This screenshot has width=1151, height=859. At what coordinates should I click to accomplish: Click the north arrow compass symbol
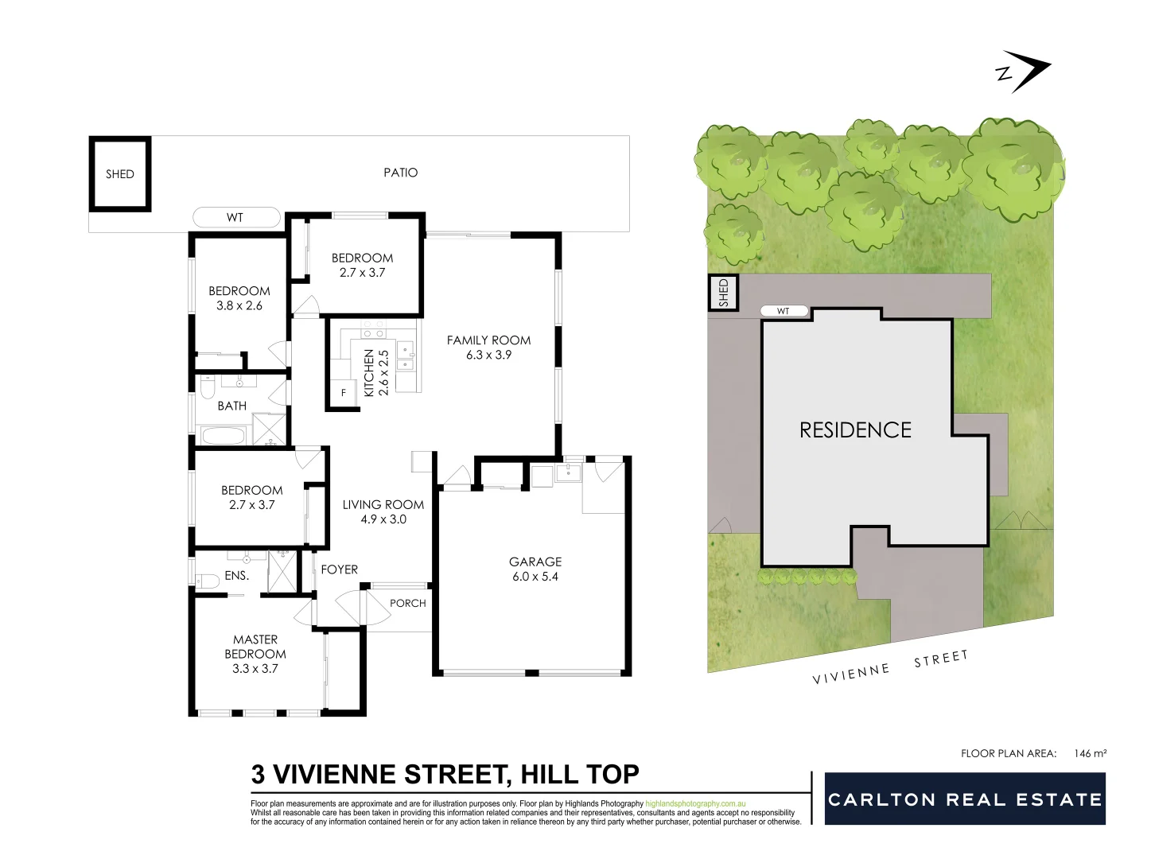pos(1025,72)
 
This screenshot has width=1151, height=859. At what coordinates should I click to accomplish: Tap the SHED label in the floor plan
pos(120,174)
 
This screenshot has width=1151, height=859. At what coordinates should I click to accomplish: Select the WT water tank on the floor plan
pos(236,217)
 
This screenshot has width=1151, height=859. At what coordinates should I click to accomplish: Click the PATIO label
pos(400,173)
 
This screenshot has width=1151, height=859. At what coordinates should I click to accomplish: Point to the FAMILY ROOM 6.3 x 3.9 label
pos(488,348)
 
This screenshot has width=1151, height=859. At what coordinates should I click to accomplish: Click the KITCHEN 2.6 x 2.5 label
pos(376,372)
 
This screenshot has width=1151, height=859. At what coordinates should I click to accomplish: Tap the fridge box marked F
pos(344,393)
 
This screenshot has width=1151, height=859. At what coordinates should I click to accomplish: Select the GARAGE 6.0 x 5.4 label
pos(535,569)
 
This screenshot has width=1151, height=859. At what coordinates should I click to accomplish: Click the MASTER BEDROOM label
pos(255,654)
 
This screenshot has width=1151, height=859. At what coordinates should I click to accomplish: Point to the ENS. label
pos(237,575)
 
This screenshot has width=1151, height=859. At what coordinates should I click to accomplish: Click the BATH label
pos(232,406)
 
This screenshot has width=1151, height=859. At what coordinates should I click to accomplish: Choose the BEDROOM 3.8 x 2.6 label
pos(239,298)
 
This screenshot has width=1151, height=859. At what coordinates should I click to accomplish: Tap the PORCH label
pos(408,604)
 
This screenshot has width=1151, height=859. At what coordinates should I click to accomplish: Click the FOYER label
pos(340,569)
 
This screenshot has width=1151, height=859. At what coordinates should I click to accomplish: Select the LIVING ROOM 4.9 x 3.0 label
pos(383,511)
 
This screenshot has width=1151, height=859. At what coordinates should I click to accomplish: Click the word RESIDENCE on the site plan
pos(855,430)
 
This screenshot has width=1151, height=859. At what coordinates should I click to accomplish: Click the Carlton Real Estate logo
pos(965,799)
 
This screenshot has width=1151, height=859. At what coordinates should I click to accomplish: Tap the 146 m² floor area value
pos(1090,753)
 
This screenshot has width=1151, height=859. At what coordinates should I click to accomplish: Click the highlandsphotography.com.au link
pos(695,804)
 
